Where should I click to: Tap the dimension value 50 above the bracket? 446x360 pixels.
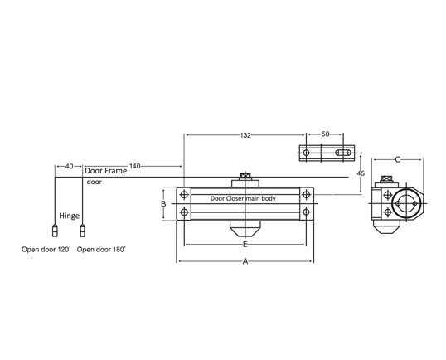[325, 134]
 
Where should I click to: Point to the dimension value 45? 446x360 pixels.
[360, 173]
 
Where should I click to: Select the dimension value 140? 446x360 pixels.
[134, 166]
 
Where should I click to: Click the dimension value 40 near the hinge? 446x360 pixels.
[68, 166]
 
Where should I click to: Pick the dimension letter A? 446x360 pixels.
[245, 261]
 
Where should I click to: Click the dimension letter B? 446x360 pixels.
[163, 203]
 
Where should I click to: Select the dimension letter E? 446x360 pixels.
[245, 245]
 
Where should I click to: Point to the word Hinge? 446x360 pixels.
[69, 213]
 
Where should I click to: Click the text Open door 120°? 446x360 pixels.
[46, 248]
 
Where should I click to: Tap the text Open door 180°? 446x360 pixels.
[101, 248]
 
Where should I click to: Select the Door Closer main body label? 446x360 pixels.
[243, 199]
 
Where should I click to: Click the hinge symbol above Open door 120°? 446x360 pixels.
[55, 230]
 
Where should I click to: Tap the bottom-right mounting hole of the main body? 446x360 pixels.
[307, 214]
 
